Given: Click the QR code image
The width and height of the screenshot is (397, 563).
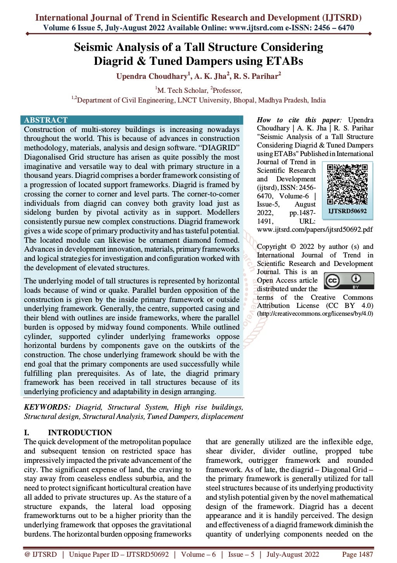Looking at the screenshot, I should click(x=347, y=184).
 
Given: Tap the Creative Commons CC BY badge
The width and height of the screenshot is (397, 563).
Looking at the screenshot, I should click(x=349, y=281).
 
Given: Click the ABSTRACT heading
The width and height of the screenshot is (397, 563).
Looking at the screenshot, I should click(x=46, y=120).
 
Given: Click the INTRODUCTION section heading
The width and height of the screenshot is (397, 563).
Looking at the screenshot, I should click(x=79, y=433).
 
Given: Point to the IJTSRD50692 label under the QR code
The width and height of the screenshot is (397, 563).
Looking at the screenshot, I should click(x=347, y=211).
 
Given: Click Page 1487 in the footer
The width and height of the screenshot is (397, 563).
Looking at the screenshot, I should click(x=357, y=554).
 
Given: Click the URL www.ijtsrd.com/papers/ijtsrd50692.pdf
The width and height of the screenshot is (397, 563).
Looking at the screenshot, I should click(x=314, y=229).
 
